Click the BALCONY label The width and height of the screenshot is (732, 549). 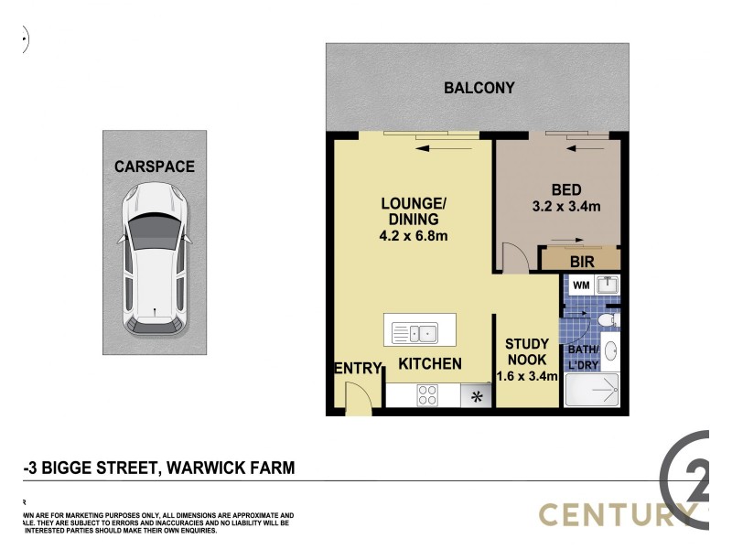tap(479, 89)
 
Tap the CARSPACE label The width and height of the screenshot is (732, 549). tap(154, 167)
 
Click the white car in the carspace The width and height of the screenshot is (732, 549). tap(154, 259)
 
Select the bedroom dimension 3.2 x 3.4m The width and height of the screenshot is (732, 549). tap(565, 207)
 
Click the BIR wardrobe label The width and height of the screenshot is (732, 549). tap(582, 263)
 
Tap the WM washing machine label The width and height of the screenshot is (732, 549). tap(580, 285)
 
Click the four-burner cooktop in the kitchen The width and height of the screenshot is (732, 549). tap(427, 395)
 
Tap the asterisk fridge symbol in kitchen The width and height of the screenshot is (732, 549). tap(476, 396)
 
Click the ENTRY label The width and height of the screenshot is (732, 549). tap(357, 369)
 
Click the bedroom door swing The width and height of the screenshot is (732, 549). tap(515, 259)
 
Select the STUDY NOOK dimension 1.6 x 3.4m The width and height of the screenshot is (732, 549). tap(526, 375)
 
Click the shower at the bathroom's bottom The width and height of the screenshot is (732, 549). tap(592, 392)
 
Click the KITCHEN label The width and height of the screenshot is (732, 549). tap(430, 364)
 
